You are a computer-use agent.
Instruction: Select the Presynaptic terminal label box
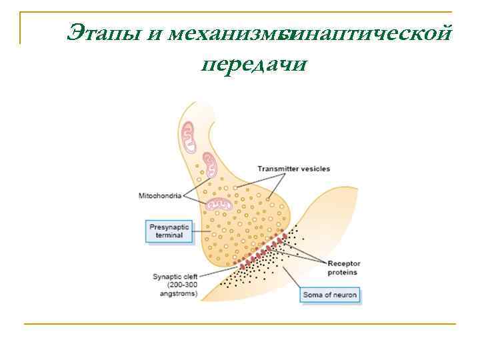point(168,232)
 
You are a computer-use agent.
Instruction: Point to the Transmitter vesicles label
point(293,169)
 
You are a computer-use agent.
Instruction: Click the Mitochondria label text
point(159,195)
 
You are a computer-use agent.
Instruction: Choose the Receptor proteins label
point(343,267)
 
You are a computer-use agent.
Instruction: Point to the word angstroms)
point(175,293)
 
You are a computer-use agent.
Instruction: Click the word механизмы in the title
point(227,31)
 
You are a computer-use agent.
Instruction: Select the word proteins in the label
point(342,272)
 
